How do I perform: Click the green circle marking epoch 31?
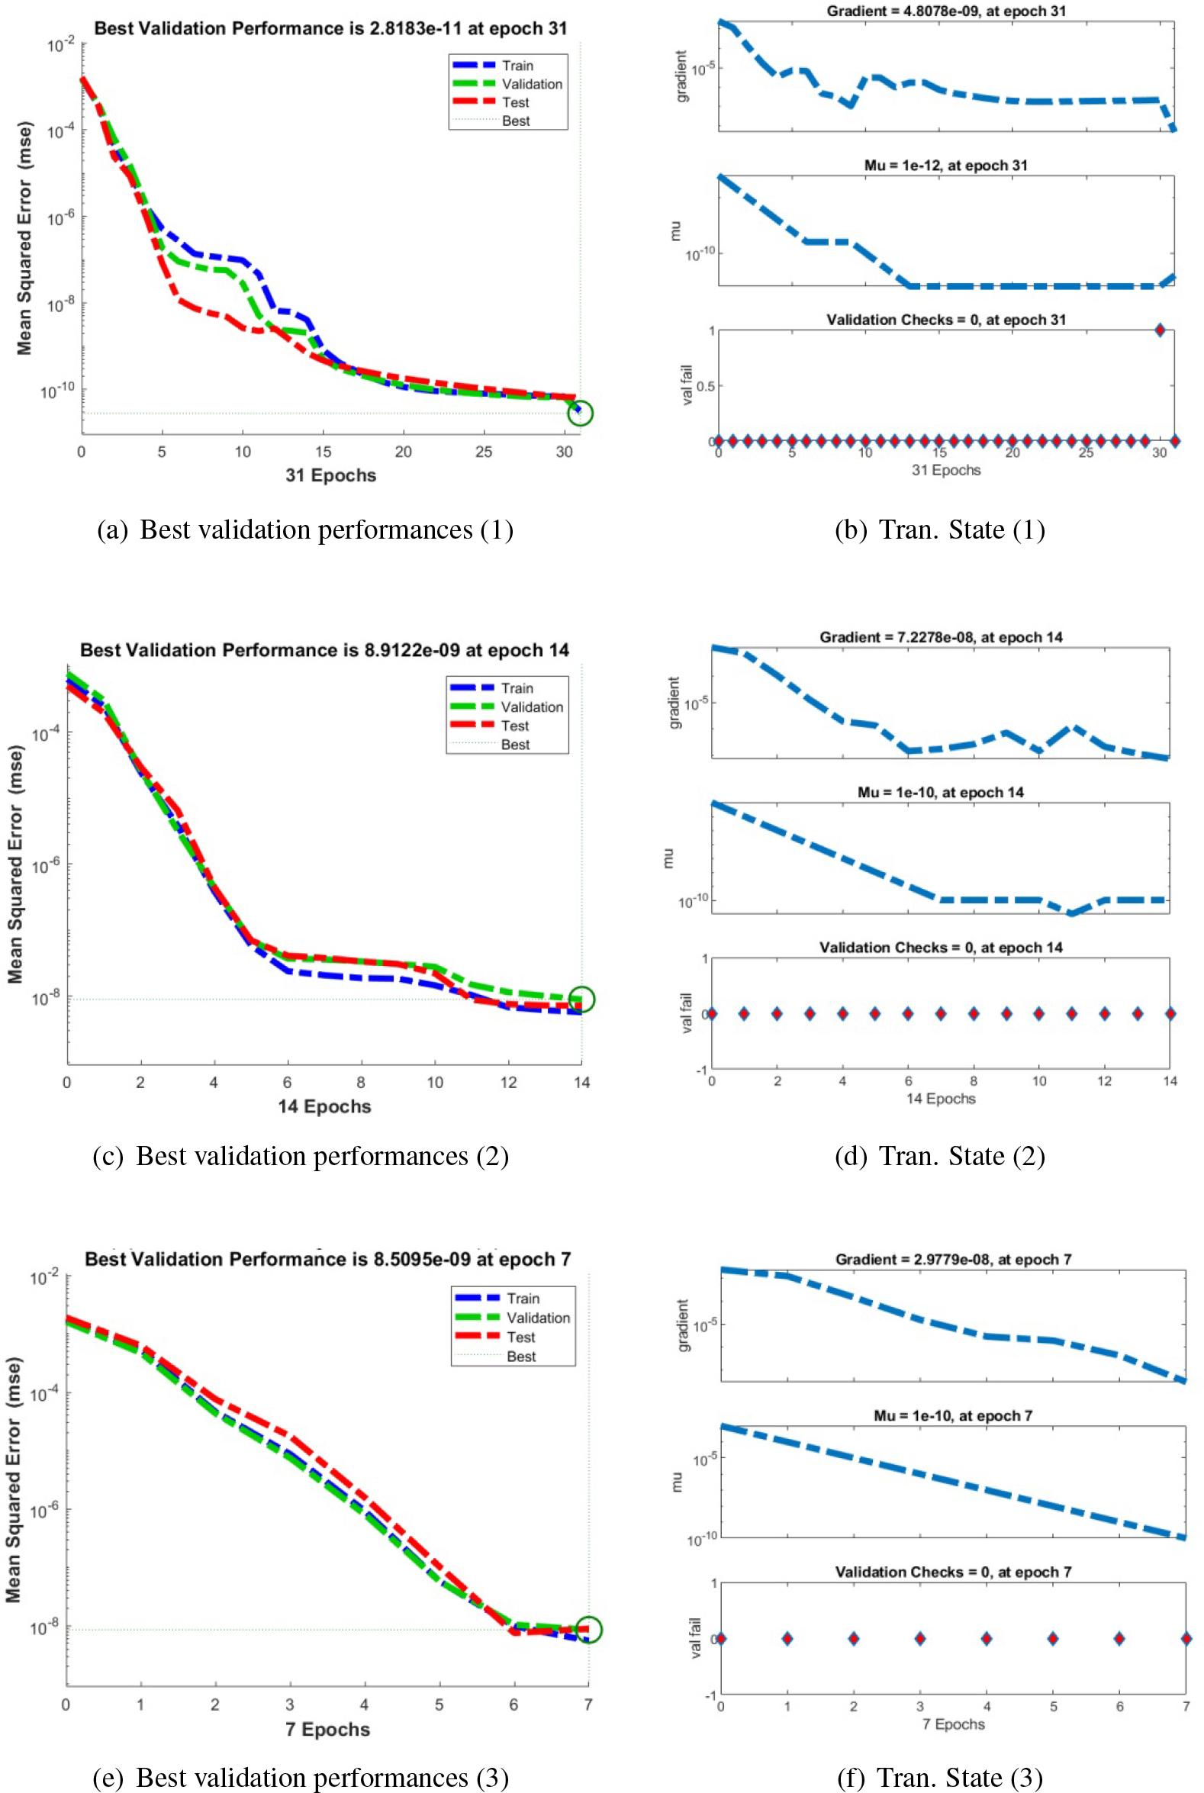[581, 413]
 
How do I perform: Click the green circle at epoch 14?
[582, 999]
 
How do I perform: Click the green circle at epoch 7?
[589, 1630]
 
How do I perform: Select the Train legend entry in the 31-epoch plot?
[517, 66]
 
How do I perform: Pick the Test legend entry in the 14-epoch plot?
[514, 726]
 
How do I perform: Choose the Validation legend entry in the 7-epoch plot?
[537, 1318]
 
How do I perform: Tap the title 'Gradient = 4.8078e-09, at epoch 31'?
[946, 11]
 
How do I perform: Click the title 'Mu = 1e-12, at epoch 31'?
[946, 165]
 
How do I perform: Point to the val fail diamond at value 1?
[1160, 330]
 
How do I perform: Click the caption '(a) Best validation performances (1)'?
[305, 530]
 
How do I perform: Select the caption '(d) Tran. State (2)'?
[940, 1156]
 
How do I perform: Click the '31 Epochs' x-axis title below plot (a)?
[331, 475]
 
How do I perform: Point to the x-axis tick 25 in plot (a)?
[483, 452]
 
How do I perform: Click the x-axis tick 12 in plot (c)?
[508, 1082]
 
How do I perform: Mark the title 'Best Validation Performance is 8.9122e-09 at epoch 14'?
[325, 650]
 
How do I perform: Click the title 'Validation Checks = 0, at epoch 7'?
[953, 1572]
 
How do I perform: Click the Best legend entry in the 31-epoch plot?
[515, 121]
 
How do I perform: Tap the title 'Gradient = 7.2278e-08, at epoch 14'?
[941, 637]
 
